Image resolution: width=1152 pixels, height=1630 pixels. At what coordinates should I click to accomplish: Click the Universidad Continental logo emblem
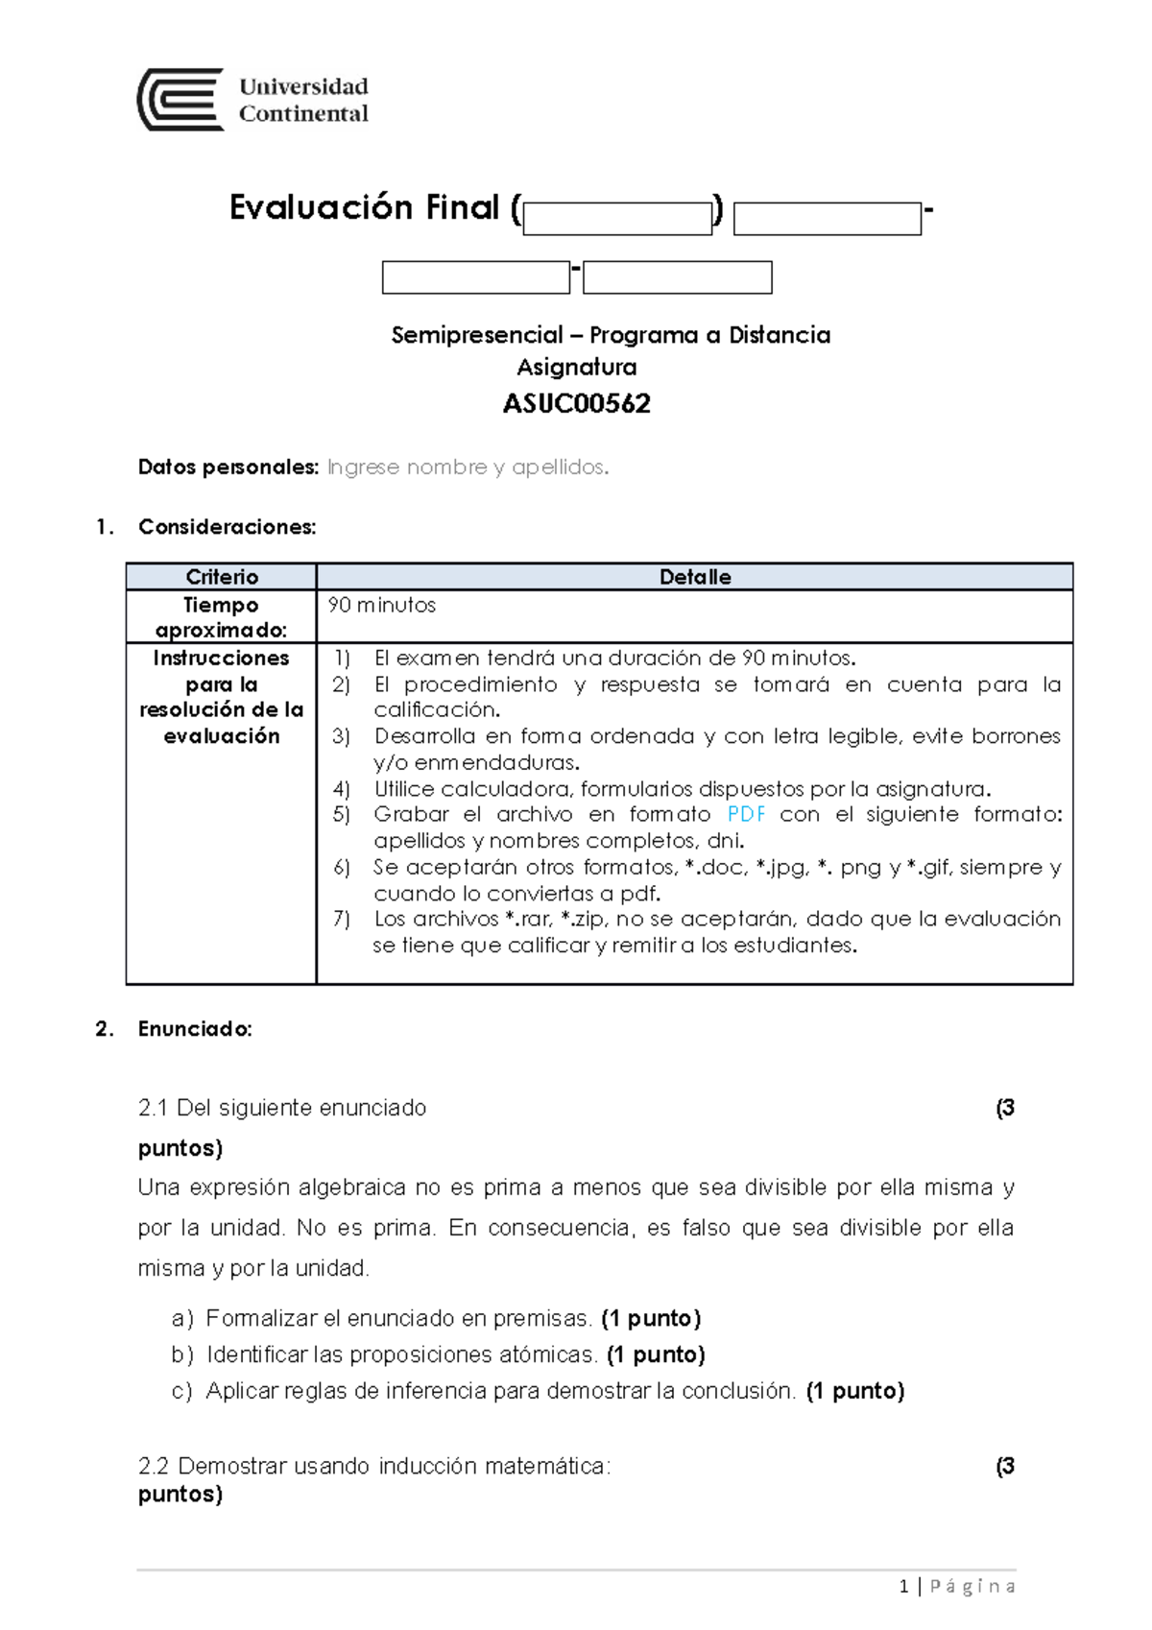pos(180,100)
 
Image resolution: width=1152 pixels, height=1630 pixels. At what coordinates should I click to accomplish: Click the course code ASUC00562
pos(576,404)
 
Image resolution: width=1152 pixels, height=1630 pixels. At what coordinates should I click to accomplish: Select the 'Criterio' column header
pos(222,577)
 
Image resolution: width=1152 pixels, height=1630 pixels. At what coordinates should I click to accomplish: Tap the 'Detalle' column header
pos(694,577)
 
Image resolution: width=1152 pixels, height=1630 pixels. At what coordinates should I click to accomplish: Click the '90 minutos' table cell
pos(382,606)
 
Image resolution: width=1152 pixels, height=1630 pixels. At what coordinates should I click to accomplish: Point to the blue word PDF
pos(746,815)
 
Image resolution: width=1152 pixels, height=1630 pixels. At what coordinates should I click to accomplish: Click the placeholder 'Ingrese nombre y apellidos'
pos(468,467)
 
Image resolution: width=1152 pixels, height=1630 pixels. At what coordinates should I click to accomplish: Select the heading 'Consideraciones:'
pos(227,527)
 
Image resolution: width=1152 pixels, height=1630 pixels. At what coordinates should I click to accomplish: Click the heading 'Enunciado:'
pos(195,1029)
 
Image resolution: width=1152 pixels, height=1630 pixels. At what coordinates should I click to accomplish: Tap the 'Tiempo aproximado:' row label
pos(221,617)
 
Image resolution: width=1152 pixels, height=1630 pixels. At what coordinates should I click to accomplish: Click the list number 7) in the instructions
pos(342,919)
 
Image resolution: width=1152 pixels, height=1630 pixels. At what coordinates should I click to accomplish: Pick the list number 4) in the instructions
pos(342,789)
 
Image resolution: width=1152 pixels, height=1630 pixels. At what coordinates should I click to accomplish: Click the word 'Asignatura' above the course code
pos(576,367)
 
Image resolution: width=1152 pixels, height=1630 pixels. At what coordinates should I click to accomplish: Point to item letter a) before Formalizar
pos(181,1319)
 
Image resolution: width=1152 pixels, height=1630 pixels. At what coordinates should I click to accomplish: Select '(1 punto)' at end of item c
pos(854,1391)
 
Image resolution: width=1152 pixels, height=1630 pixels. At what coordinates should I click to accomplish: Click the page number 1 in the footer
pos(903,1587)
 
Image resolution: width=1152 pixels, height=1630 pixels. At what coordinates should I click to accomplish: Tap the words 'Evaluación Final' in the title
pos(364,207)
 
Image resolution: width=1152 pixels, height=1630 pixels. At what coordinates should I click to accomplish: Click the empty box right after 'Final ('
pos(617,219)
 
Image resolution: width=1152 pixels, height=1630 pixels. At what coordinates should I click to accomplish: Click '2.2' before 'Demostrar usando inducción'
pos(154,1467)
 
